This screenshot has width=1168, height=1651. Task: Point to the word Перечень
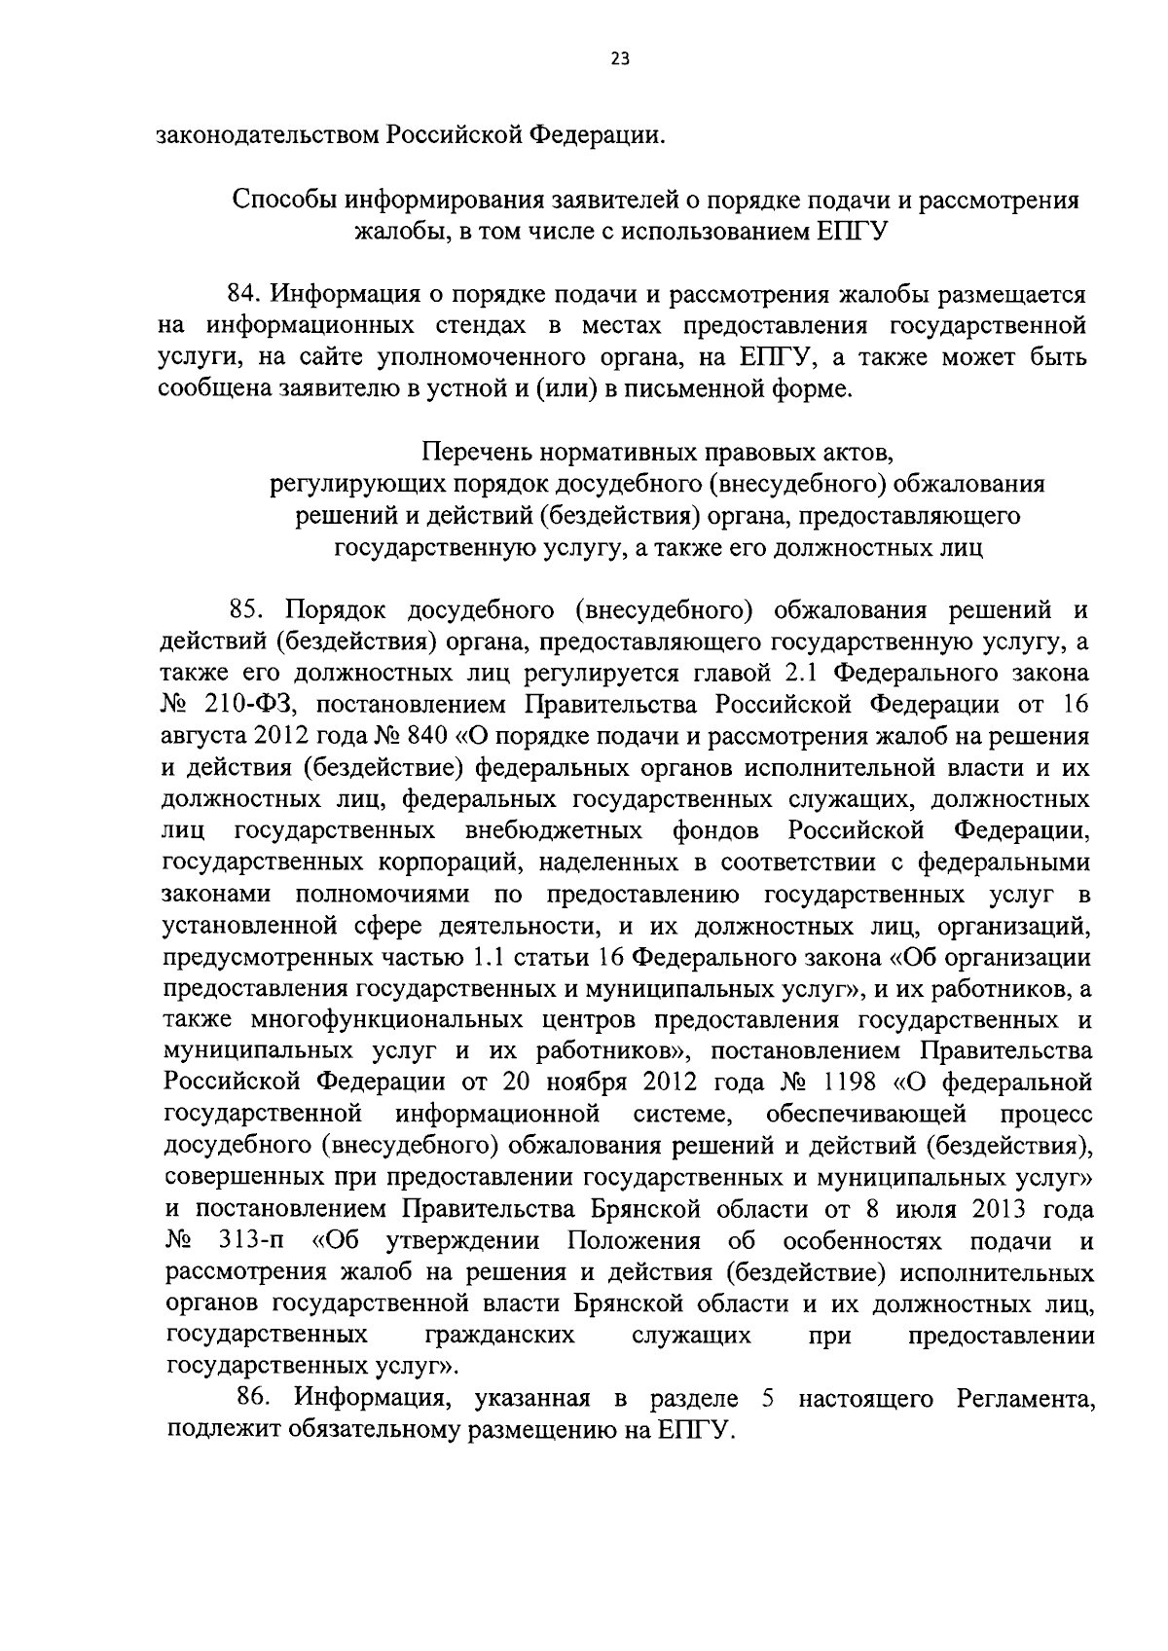point(475,452)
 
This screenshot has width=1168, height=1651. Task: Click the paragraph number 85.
point(247,610)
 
